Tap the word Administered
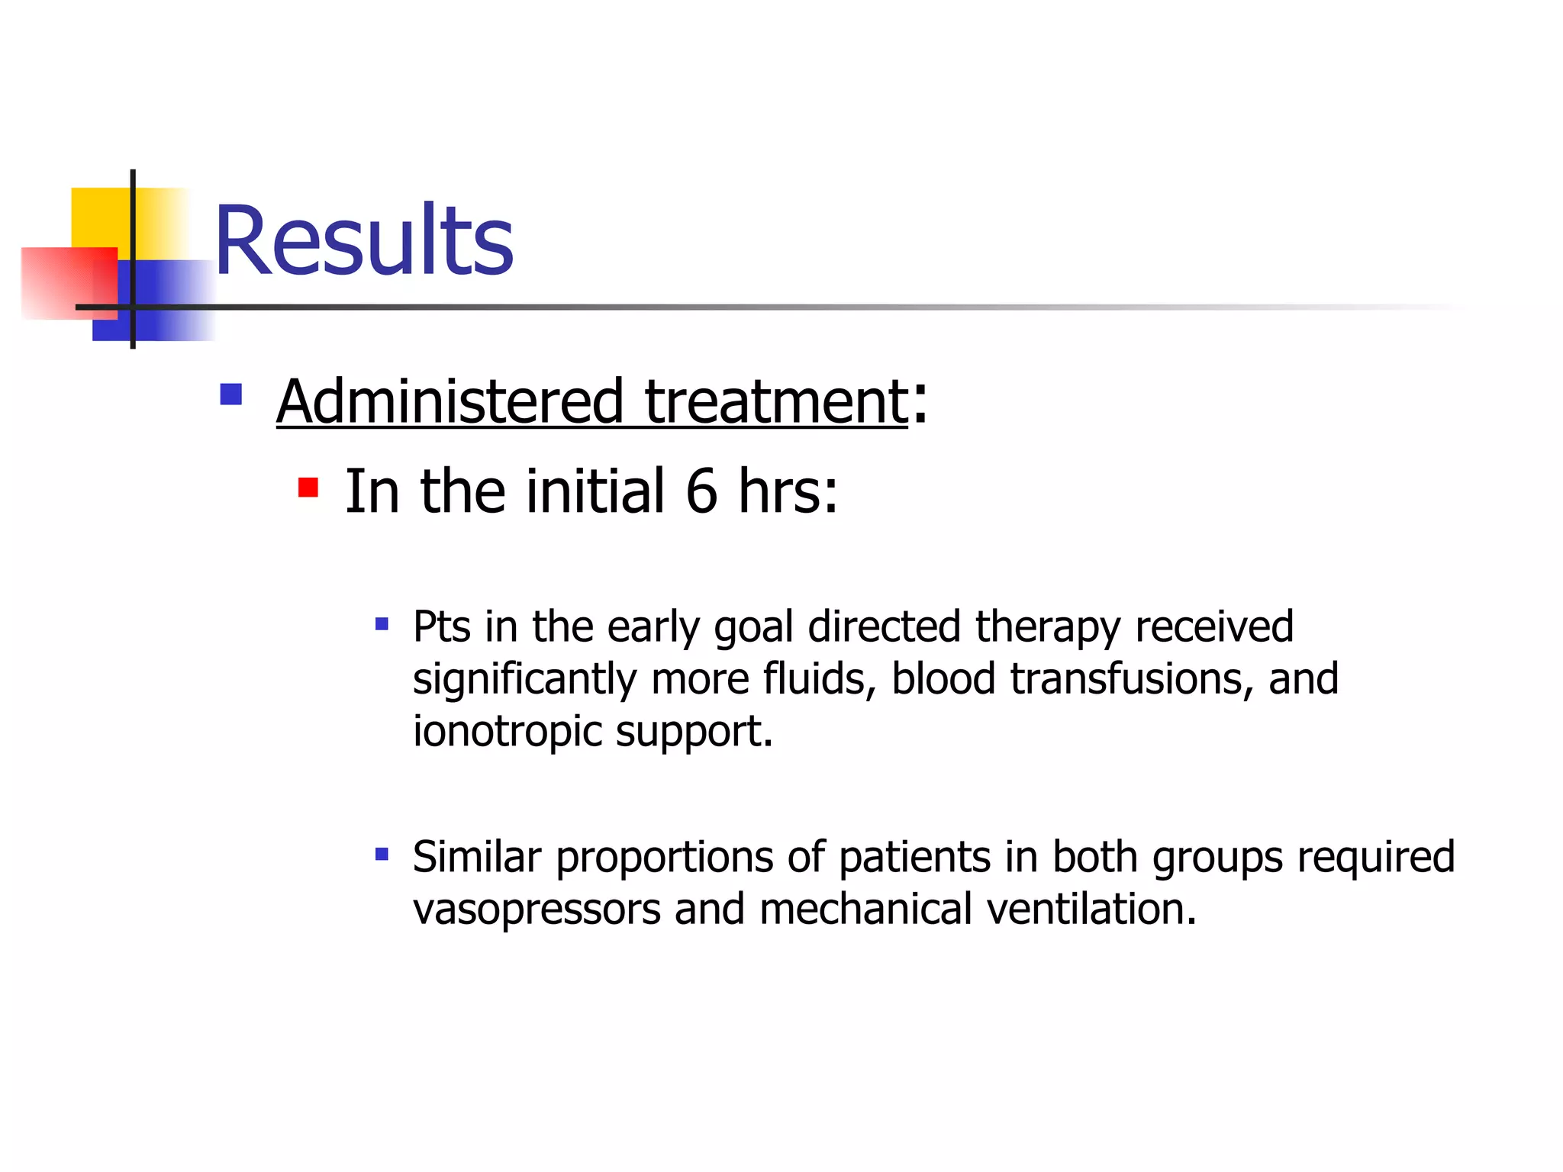(x=450, y=402)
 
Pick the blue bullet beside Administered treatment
(x=231, y=394)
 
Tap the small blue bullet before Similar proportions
(x=382, y=854)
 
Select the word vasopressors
(x=537, y=910)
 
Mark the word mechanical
(x=865, y=910)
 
